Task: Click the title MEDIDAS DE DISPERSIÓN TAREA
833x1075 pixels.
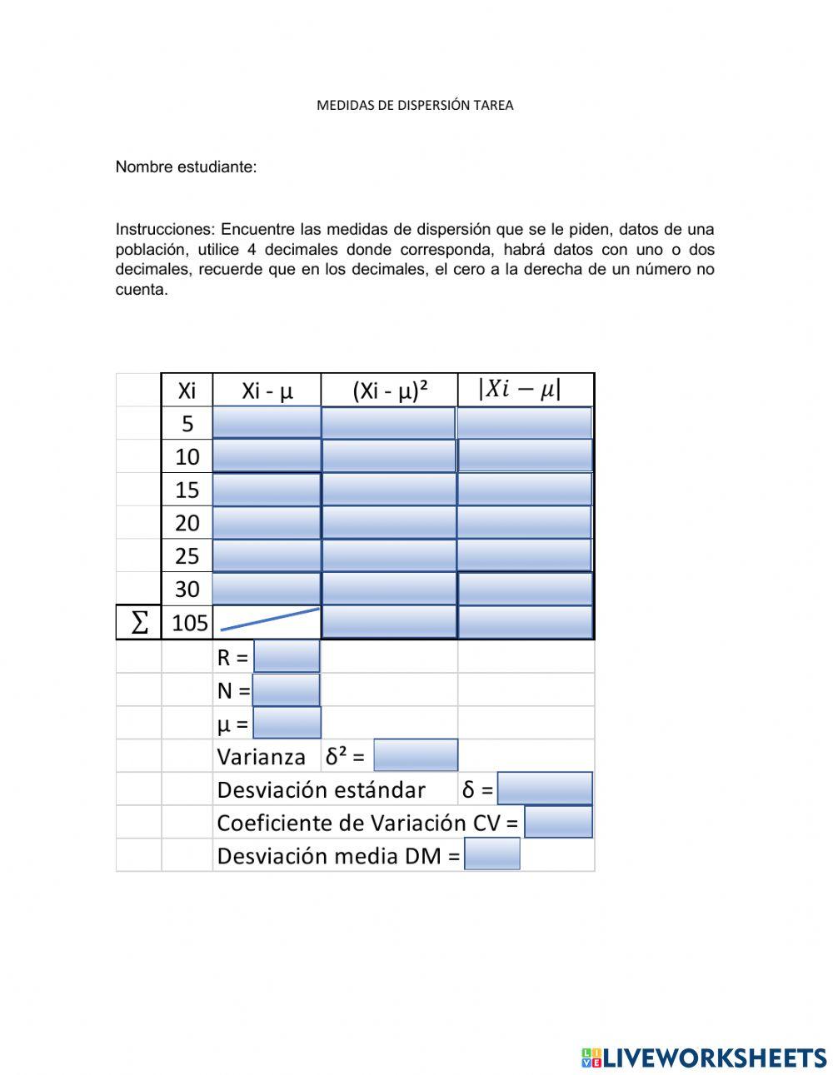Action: tap(415, 105)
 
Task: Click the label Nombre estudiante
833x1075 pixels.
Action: tap(186, 167)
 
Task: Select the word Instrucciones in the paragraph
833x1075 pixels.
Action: tap(164, 230)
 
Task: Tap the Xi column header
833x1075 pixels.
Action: tap(187, 391)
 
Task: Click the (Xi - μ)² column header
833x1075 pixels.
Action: tap(390, 391)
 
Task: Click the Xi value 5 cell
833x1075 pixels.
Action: tap(187, 423)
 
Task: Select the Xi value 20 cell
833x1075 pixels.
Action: tap(187, 523)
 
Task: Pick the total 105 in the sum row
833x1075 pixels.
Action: tap(189, 623)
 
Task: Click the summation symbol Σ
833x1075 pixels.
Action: tap(139, 623)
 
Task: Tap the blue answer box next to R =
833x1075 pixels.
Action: tap(287, 656)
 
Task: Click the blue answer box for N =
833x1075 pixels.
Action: tap(287, 689)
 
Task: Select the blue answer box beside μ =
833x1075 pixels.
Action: tap(287, 723)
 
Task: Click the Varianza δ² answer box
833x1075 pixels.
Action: tap(416, 755)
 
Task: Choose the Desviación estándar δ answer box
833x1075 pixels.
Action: tap(545, 789)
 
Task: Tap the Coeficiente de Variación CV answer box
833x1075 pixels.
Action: tap(558, 822)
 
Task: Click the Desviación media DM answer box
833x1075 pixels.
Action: tap(491, 854)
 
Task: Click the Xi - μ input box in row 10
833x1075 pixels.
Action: tap(267, 456)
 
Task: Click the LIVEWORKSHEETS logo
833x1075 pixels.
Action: tap(704, 1058)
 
